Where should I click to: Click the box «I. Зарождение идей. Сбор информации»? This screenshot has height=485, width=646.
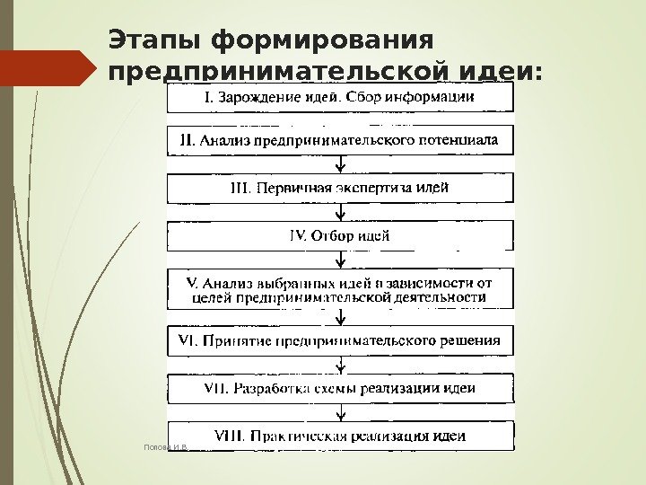pos(341,97)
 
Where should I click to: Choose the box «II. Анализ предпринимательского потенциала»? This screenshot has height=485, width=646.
pos(341,142)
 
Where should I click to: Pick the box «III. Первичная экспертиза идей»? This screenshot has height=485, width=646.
pos(341,189)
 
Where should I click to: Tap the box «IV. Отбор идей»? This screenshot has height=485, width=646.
pos(341,236)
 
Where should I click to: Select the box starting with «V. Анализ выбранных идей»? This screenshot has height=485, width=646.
pos(341,287)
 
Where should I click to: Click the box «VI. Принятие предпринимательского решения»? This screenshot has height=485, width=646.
pos(341,341)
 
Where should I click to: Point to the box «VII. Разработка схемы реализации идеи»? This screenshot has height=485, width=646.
pos(341,388)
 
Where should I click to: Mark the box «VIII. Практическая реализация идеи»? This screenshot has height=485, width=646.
pos(341,436)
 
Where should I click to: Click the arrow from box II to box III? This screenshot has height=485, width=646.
pos(340,165)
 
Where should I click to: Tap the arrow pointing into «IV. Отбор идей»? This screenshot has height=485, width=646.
pos(340,213)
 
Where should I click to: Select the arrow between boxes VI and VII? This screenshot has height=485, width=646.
pos(340,365)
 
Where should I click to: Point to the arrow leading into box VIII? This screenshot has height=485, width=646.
pos(340,412)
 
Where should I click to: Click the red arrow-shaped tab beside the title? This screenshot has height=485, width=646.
pos(48,67)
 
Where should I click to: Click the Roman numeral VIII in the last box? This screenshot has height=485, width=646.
pos(230,436)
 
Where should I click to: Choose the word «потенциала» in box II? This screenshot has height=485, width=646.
pos(468,141)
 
